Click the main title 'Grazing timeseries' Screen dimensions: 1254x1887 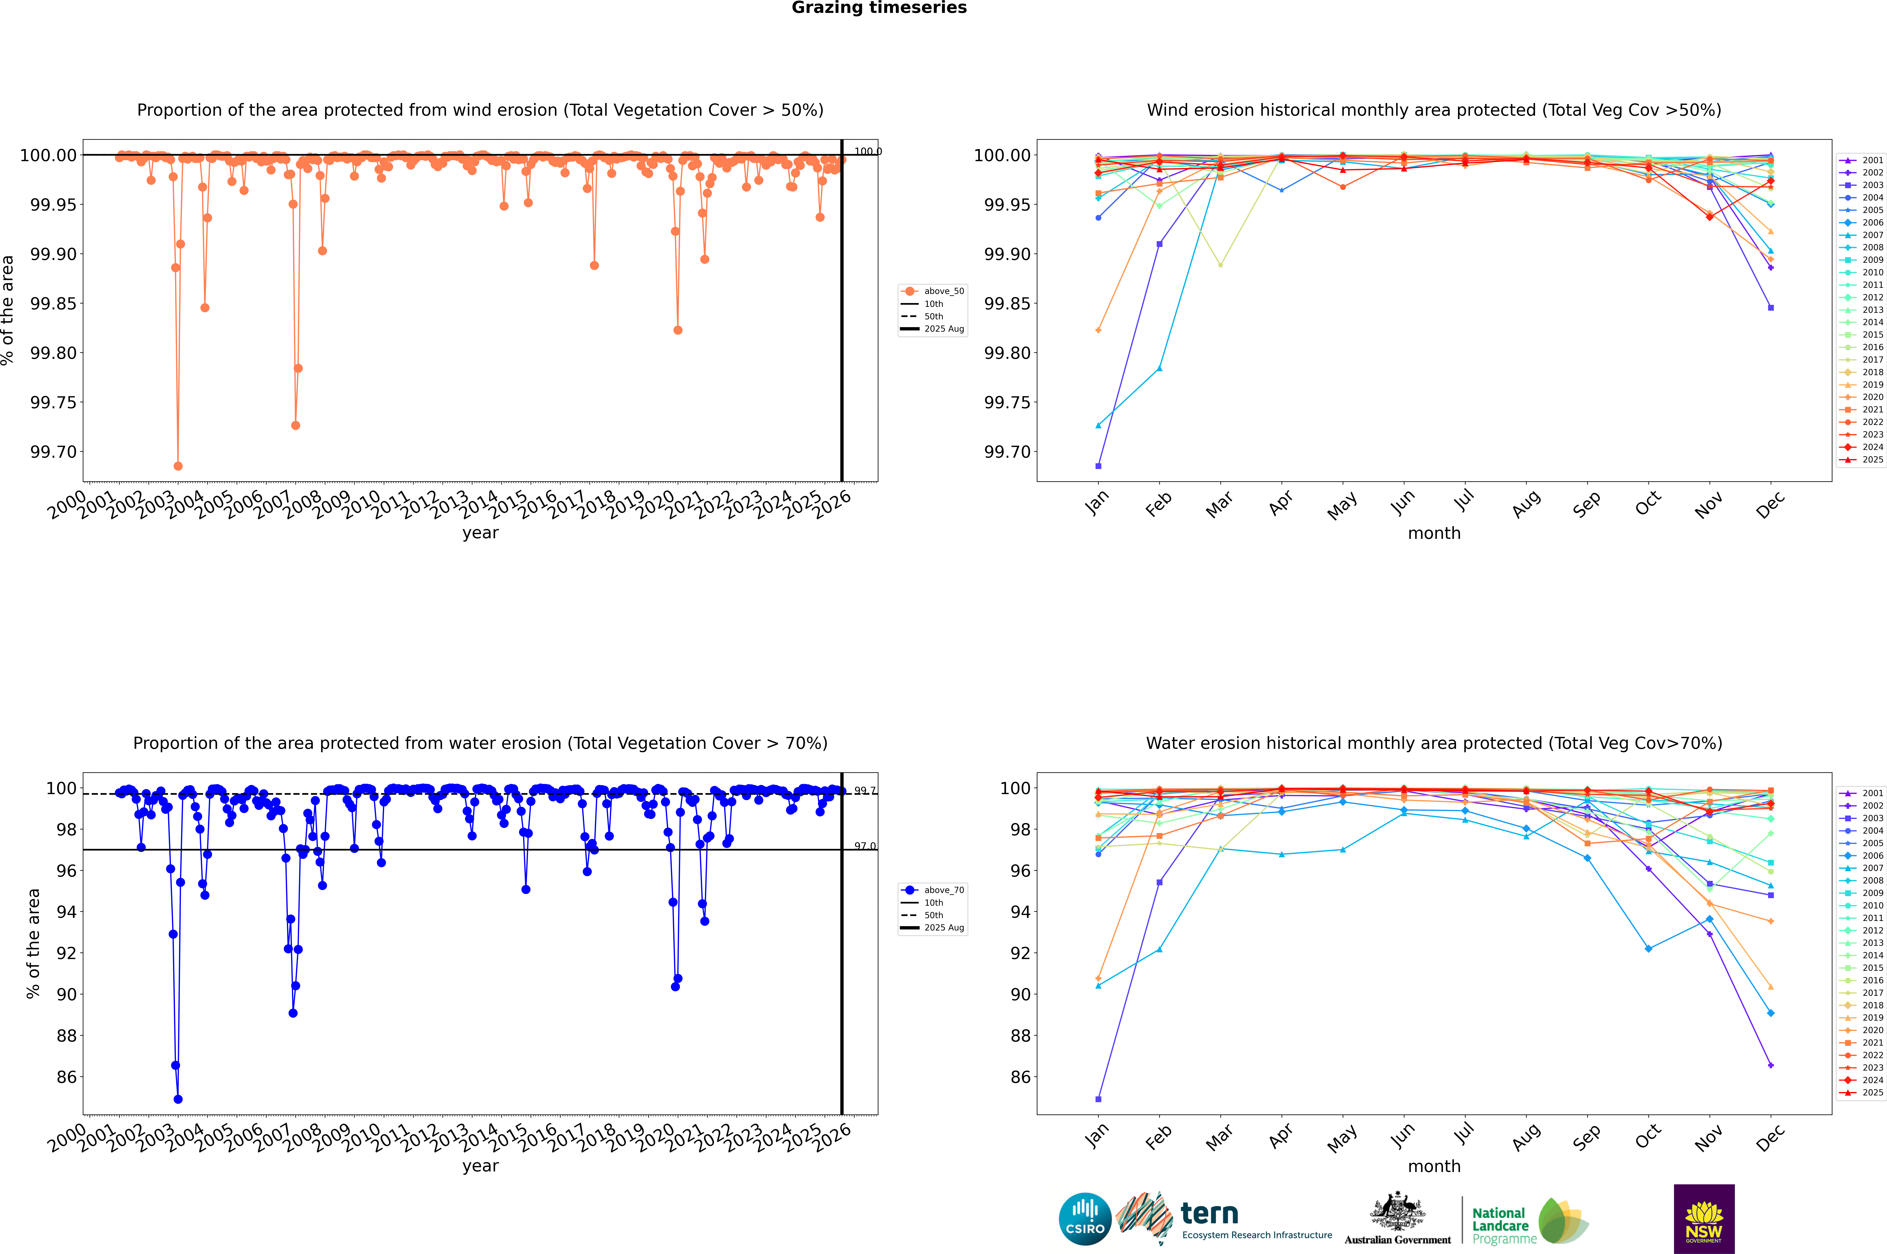879,8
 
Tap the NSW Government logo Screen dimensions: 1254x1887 1704,1219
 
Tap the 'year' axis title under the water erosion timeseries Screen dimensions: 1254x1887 480,1166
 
